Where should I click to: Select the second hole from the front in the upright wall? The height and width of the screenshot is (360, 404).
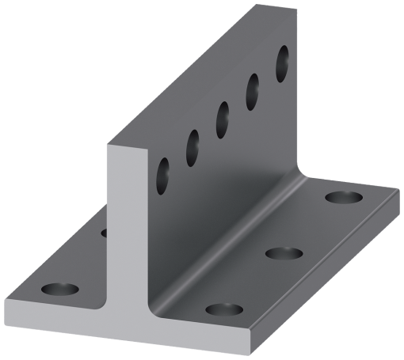(x=192, y=147)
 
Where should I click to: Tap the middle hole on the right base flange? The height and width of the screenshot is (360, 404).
(x=283, y=254)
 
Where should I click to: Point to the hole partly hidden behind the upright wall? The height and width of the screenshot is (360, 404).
(x=103, y=233)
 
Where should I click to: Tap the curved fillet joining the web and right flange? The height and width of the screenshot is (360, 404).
(x=238, y=237)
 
